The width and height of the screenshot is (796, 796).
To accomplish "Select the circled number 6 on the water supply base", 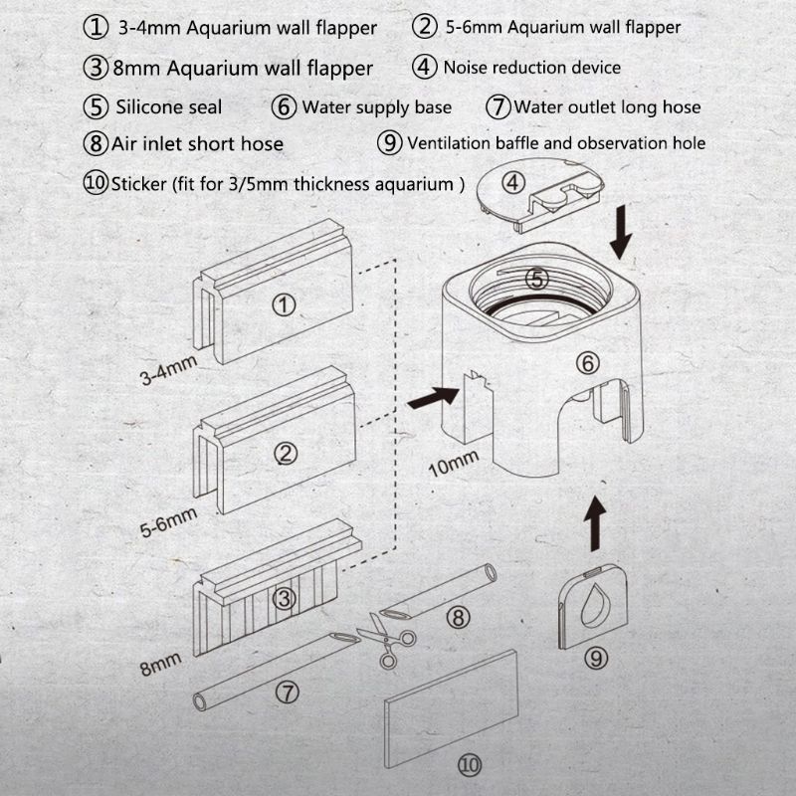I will [588, 363].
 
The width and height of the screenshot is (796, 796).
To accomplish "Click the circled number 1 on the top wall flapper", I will [285, 304].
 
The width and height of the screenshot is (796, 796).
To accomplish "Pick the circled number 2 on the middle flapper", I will [286, 453].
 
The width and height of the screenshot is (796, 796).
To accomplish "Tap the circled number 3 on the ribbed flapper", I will [285, 598].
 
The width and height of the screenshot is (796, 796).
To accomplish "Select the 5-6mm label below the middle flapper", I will [168, 520].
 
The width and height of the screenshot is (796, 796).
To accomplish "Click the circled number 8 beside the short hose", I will [457, 617].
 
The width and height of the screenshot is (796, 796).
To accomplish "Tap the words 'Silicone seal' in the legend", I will [169, 106].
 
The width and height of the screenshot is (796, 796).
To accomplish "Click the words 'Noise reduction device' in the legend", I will [531, 68].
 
